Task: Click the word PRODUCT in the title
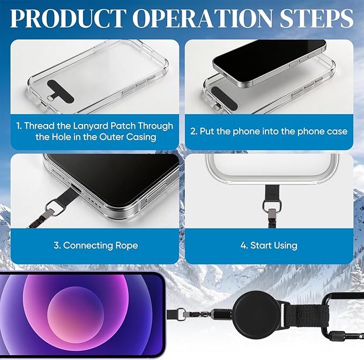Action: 68,18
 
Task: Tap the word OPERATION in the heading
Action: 204,18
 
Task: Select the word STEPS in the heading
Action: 317,18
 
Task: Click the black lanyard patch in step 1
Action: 61,91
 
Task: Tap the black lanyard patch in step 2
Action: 224,98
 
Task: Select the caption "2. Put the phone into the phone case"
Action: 269,131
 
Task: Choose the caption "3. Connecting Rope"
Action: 95,245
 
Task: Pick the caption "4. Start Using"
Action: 269,245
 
